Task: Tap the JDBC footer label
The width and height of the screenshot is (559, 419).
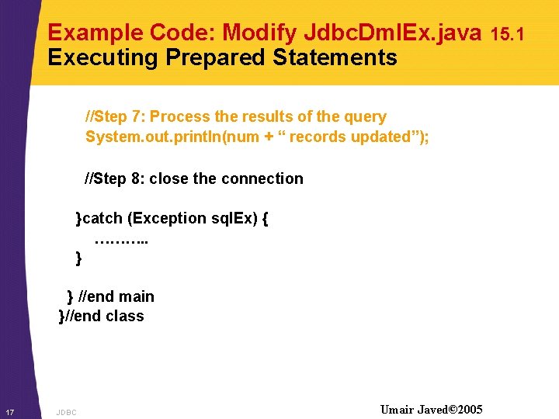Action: [67, 412]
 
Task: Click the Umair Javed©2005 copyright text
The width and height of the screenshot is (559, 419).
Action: [431, 409]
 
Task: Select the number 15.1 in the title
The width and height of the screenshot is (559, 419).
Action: [509, 33]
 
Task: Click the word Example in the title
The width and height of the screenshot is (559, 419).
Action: [95, 33]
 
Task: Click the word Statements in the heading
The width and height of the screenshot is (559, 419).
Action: [335, 57]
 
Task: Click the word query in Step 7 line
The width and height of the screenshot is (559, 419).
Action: [365, 117]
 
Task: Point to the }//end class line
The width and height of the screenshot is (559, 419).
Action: [102, 316]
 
